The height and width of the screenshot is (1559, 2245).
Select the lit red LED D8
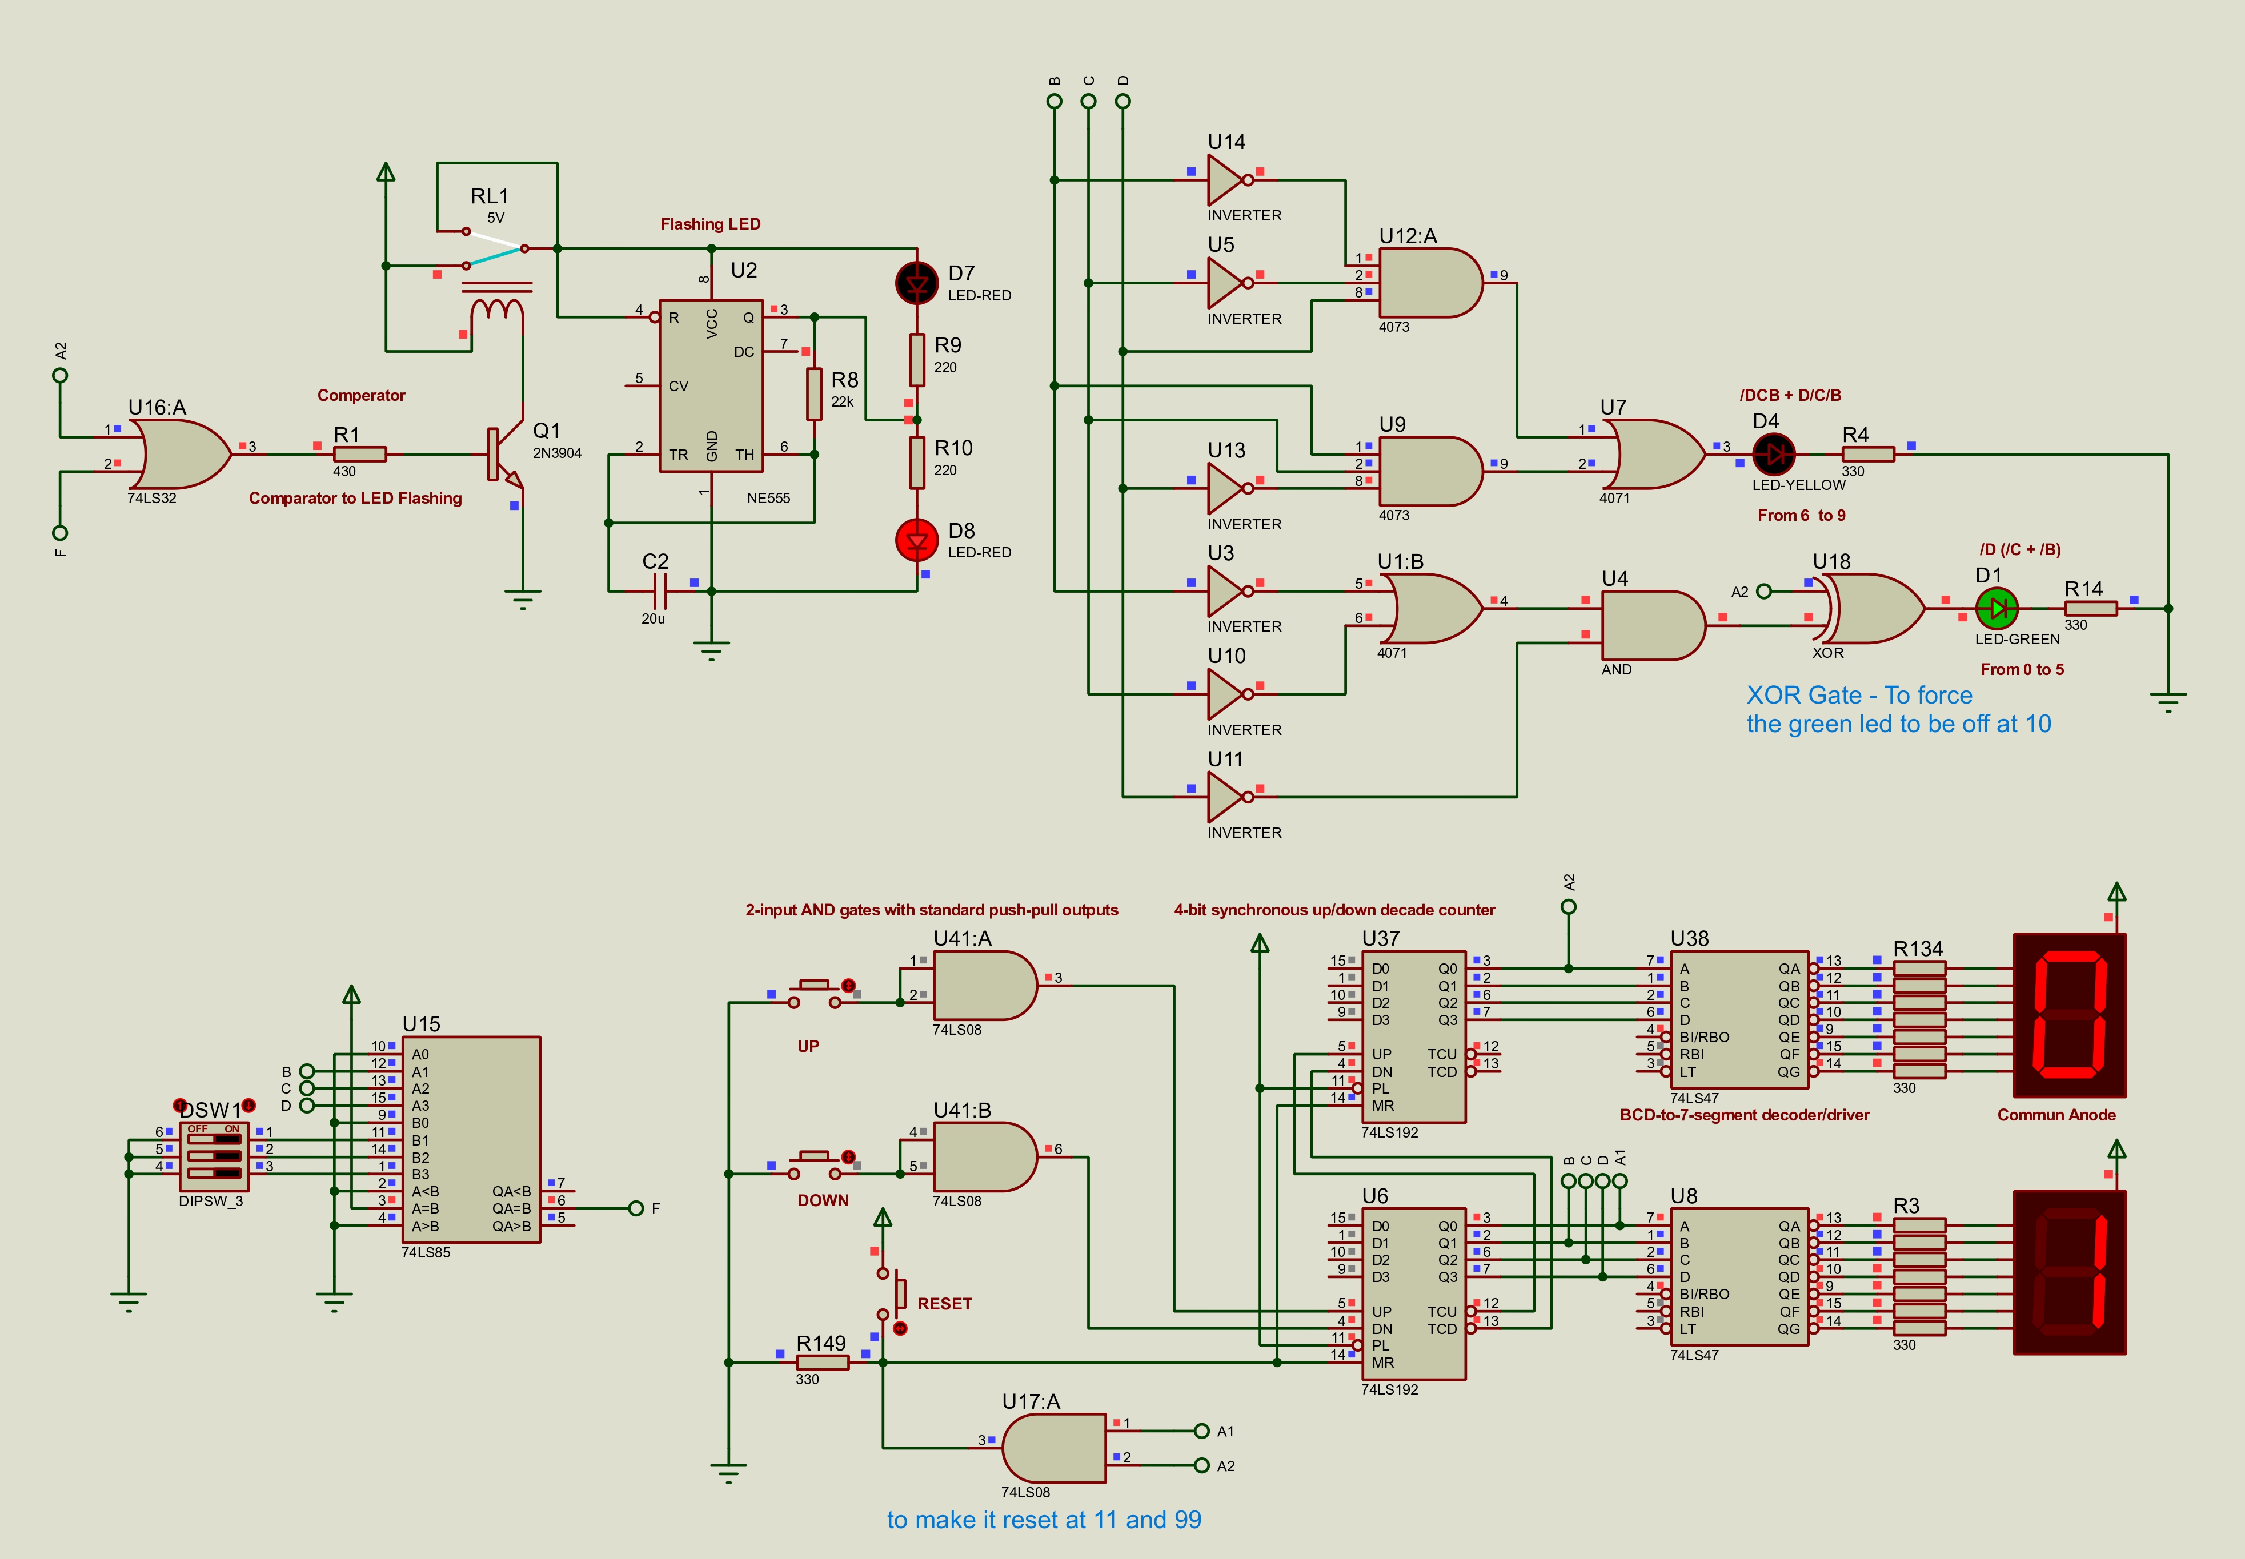coord(916,540)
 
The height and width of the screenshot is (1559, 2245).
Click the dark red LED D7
coord(916,283)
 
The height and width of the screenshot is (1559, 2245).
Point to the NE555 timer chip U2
coord(711,386)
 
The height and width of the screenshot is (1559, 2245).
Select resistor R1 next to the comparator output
coord(359,454)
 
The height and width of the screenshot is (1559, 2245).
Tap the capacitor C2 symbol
coord(659,591)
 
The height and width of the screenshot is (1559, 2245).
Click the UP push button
coord(815,993)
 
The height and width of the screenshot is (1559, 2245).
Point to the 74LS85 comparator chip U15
coord(471,1139)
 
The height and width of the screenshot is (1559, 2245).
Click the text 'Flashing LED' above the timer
coord(710,224)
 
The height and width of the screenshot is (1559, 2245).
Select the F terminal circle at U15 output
coord(636,1208)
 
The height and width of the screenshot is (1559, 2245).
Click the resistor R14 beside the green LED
coord(2091,609)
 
